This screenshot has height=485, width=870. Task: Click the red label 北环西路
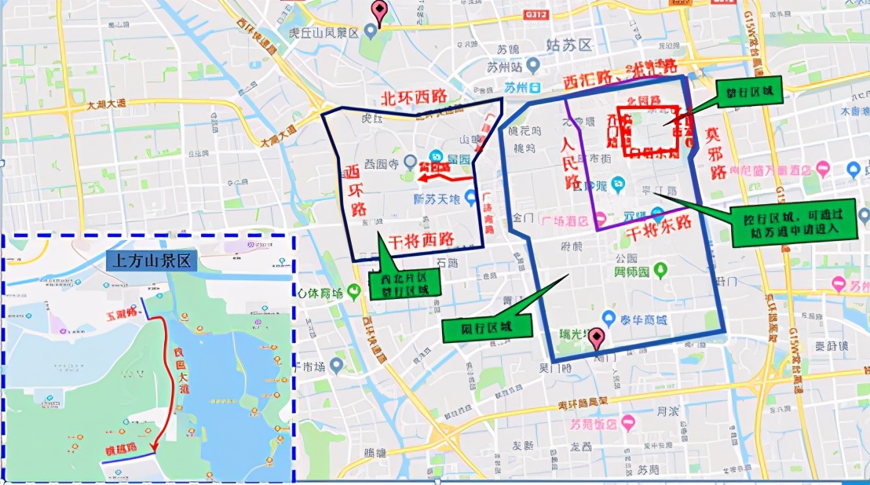(x=413, y=98)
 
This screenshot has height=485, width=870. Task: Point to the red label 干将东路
(x=658, y=225)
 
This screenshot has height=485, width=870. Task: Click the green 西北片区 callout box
(x=405, y=283)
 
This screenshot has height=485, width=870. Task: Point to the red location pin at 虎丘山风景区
(x=380, y=13)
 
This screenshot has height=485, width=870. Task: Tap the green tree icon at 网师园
(x=661, y=272)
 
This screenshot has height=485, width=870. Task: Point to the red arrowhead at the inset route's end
(x=152, y=450)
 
